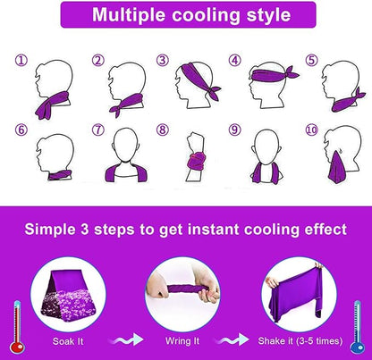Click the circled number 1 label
point(21,61)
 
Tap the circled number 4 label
point(234,60)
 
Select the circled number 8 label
point(163,130)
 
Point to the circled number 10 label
point(311,130)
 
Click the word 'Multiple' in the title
point(130,15)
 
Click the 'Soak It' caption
point(68,341)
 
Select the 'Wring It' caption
point(182,341)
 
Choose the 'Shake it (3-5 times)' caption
point(300,341)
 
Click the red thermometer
point(17,327)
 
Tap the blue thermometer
point(357,327)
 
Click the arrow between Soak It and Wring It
point(126,339)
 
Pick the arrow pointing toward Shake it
point(232,339)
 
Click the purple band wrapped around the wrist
point(196,161)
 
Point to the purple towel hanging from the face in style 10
point(337,168)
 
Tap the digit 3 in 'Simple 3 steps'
point(84,230)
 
